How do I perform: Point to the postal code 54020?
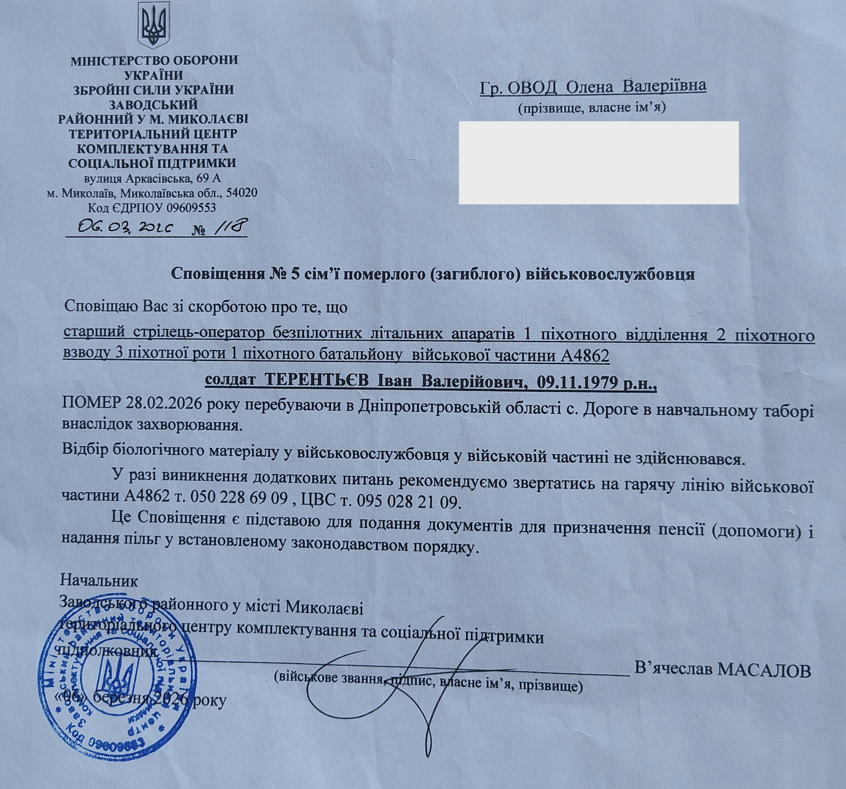(241, 192)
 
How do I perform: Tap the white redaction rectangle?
(598, 163)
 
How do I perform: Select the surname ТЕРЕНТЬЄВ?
(317, 381)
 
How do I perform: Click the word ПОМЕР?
(91, 404)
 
